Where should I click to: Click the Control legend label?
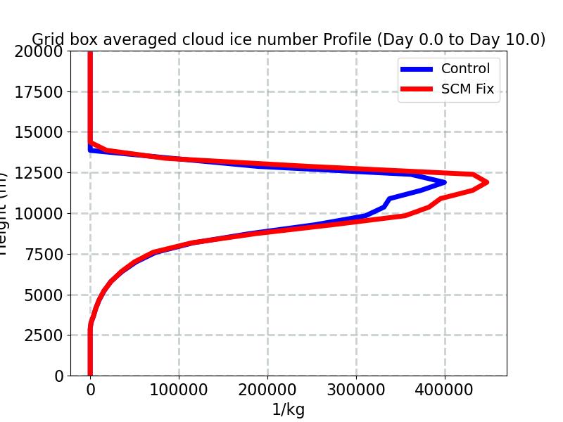pyautogui.click(x=465, y=68)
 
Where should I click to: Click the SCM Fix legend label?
pyautogui.click(x=467, y=89)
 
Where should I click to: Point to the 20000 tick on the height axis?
pyautogui.click(x=38, y=51)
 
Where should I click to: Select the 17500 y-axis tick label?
pyautogui.click(x=38, y=92)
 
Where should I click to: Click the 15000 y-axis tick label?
pyautogui.click(x=38, y=132)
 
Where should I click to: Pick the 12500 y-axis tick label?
pyautogui.click(x=38, y=173)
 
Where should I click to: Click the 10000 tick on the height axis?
pyautogui.click(x=38, y=214)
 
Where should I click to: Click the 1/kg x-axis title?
pyautogui.click(x=289, y=410)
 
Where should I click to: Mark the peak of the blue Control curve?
pyautogui.click(x=444, y=182)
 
